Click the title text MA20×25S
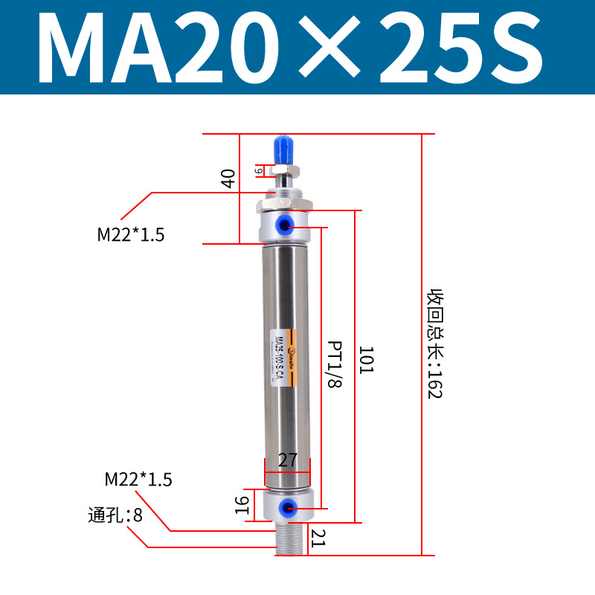tap(290, 47)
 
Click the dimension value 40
tap(228, 178)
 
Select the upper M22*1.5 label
tap(131, 235)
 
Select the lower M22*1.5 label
tap(138, 480)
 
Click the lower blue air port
tap(286, 508)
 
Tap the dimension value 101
tap(365, 360)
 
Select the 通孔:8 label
tap(115, 514)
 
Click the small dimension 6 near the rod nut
tap(259, 170)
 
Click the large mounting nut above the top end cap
tap(286, 204)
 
